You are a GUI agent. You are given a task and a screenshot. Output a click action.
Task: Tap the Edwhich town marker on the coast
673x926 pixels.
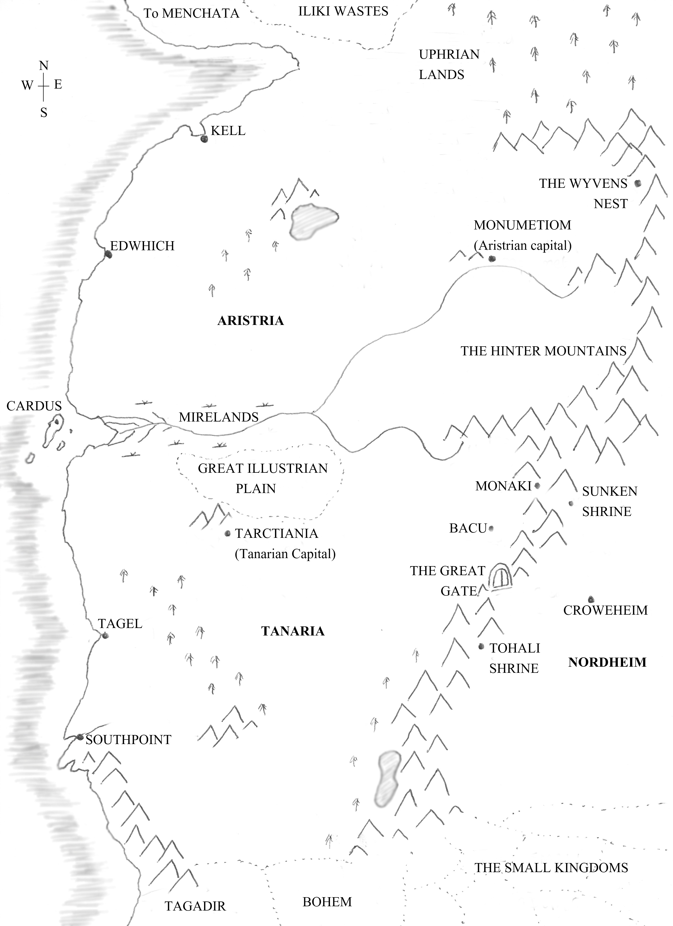(x=108, y=254)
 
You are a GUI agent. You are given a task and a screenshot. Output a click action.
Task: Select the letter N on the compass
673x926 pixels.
(x=44, y=66)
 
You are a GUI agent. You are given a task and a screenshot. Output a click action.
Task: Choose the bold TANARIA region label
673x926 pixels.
(x=293, y=631)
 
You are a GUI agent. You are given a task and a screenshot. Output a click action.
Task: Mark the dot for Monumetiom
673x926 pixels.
(x=492, y=259)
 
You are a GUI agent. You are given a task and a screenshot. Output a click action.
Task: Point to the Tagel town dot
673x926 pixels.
(x=105, y=635)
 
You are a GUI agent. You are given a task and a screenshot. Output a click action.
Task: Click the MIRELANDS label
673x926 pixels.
(x=219, y=417)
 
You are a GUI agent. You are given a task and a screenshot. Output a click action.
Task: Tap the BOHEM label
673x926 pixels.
(x=327, y=901)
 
